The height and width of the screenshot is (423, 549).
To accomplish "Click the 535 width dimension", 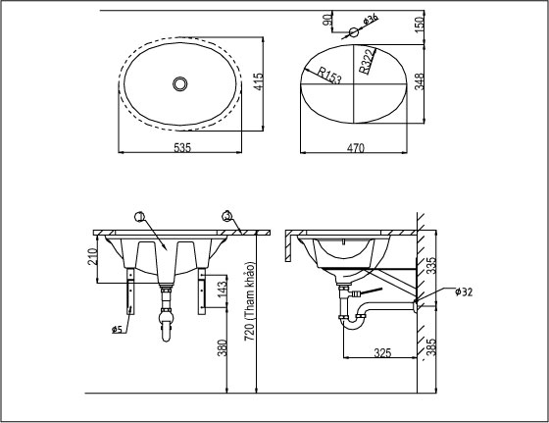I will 182,147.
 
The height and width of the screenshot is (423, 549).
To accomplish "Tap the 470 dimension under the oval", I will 355,148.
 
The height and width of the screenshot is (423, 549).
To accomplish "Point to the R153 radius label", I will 328,74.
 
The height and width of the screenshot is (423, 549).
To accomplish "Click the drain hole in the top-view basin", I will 179,83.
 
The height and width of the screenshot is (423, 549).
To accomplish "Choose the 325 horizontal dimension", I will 383,351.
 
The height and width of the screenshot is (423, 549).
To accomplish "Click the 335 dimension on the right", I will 432,266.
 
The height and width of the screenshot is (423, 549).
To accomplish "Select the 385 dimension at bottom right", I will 432,346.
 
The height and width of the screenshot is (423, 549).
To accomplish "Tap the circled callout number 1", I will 138,216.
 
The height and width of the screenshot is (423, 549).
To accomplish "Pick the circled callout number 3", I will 226,216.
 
